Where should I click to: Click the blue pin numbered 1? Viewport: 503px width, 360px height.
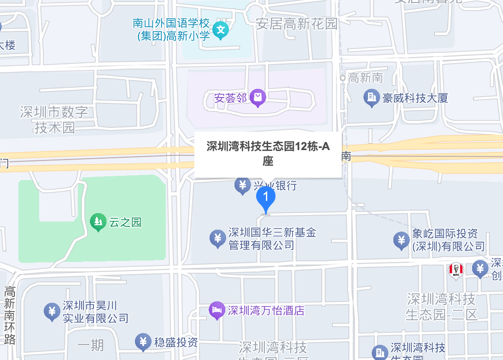click(265, 198)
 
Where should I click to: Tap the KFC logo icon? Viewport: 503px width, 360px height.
click(456, 270)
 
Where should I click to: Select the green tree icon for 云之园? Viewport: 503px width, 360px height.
click(98, 222)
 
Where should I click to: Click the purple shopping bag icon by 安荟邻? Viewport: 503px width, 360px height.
click(257, 98)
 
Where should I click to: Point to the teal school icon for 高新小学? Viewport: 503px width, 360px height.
click(221, 30)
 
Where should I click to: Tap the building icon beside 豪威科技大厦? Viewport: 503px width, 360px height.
click(371, 98)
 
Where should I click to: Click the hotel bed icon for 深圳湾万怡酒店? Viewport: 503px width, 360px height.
click(216, 310)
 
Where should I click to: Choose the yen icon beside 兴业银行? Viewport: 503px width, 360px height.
click(242, 186)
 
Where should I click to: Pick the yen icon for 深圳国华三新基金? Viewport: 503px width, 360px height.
click(217, 238)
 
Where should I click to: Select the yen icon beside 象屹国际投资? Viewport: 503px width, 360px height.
click(401, 240)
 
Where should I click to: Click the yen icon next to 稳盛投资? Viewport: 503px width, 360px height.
click(143, 342)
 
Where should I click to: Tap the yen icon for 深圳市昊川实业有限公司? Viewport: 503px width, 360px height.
click(52, 312)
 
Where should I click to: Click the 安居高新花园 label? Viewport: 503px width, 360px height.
click(297, 23)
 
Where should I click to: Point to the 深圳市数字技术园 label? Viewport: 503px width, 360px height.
click(54, 119)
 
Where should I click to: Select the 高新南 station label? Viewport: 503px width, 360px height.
click(365, 78)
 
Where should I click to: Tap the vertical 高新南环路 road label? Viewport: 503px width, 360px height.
click(10, 315)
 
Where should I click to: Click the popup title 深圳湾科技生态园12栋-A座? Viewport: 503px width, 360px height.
click(268, 154)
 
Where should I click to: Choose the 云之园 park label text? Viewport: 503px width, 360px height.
click(125, 222)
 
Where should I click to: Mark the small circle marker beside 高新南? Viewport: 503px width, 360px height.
click(343, 78)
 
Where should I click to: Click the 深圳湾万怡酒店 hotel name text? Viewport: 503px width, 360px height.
click(266, 310)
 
